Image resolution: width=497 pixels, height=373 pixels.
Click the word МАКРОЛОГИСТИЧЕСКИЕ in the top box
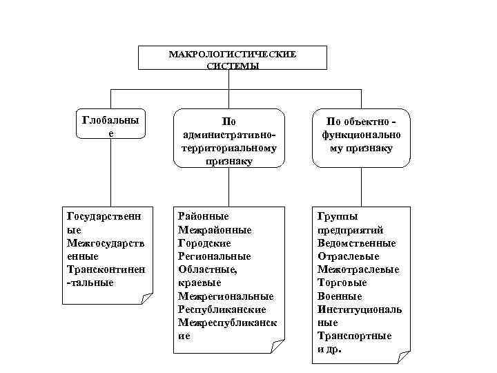click(232, 54)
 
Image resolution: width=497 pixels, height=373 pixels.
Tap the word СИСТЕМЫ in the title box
click(232, 66)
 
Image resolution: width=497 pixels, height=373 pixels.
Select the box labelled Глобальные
click(110, 125)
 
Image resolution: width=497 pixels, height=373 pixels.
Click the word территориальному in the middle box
click(228, 148)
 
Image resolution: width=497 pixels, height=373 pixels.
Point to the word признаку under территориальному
click(228, 160)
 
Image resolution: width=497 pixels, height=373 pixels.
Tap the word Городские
click(204, 243)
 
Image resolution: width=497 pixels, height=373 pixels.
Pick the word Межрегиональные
click(226, 296)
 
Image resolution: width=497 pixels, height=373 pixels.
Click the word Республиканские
click(222, 309)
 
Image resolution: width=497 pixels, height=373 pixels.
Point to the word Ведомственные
click(356, 243)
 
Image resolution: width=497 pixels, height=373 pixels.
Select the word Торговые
click(342, 283)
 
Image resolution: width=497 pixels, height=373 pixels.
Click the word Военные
click(340, 296)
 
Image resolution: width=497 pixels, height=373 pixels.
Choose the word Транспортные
click(354, 336)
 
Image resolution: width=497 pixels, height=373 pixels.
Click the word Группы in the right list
click(338, 217)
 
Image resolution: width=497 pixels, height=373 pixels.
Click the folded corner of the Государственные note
click(146, 298)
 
